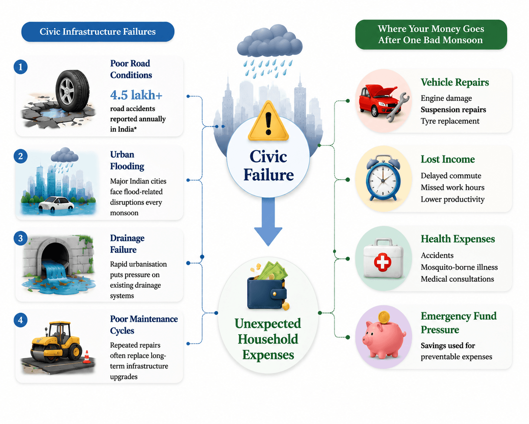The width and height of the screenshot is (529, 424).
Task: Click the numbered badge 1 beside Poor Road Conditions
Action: (x=20, y=67)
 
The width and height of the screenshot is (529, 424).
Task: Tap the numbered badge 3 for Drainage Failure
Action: (x=20, y=238)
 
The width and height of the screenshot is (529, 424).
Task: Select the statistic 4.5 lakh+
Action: (x=136, y=95)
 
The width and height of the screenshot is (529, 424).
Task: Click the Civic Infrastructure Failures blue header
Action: (x=98, y=32)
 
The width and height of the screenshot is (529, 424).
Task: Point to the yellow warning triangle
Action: (x=268, y=121)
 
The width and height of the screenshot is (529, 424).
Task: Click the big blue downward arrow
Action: (x=268, y=221)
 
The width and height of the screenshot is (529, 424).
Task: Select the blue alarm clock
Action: (x=383, y=178)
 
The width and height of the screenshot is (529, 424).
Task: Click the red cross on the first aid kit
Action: (x=383, y=262)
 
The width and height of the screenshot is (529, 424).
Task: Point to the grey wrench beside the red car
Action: (x=397, y=107)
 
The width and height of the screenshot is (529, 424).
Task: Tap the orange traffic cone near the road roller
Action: (x=86, y=357)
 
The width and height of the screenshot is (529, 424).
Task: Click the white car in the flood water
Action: (x=56, y=203)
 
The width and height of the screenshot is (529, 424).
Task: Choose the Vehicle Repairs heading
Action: (x=455, y=82)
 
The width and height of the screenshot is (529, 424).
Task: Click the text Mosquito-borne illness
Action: (x=459, y=267)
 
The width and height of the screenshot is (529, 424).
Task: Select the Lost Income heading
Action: (x=447, y=159)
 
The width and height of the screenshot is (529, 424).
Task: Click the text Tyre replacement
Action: (x=450, y=121)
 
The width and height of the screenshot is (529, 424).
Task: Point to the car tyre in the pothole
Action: (x=72, y=91)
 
